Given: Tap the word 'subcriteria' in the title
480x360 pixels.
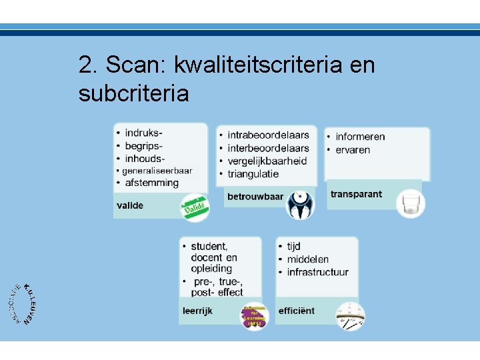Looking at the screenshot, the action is [133, 93].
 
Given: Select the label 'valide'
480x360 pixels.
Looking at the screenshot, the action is [130, 205].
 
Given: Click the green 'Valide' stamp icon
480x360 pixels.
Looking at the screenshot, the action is [195, 208].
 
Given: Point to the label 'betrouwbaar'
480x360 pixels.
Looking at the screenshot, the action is [255, 197].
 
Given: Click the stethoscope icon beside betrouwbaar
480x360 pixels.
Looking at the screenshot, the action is [300, 205].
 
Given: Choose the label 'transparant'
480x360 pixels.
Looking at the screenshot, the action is [356, 194].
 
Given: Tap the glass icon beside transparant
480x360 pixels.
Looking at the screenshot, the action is [410, 203].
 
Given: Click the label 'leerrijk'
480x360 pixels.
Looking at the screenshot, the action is [197, 311].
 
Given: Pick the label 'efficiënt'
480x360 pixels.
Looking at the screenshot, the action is [297, 311].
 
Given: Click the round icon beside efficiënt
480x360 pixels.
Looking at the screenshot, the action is [349, 315].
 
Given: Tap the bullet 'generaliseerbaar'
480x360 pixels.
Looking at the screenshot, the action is [157, 171].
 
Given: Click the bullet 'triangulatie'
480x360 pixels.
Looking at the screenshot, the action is [253, 174].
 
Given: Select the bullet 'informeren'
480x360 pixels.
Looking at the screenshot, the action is [360, 137].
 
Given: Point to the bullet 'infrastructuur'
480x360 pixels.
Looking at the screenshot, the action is [318, 272].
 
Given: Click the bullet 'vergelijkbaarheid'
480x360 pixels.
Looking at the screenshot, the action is [267, 161].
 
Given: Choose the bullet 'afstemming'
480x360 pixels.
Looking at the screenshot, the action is [152, 183].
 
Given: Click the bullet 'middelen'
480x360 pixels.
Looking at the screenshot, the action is [308, 259].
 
